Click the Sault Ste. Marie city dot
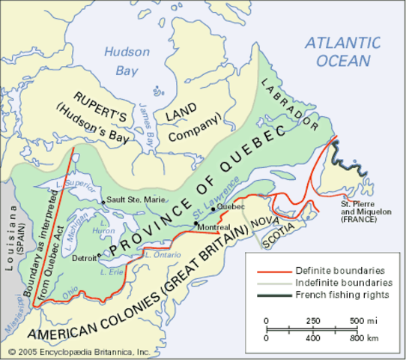103,202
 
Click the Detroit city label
85,256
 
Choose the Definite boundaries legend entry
333,268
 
